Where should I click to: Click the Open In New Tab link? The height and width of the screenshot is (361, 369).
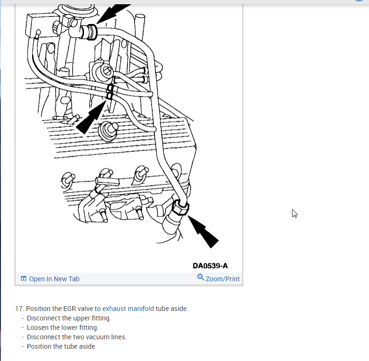[x=54, y=279]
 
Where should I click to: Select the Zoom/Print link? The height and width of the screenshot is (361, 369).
[x=222, y=279]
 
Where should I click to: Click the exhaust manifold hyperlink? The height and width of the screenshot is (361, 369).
[x=128, y=309]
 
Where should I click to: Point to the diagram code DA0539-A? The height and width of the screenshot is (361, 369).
[x=210, y=266]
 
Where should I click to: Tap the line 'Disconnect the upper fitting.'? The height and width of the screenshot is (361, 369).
[x=69, y=318]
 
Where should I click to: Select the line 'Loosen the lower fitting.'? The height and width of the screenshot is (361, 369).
[x=63, y=327]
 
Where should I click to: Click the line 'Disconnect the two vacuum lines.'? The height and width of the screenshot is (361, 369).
[x=76, y=337]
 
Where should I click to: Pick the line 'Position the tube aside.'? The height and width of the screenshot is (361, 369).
[x=61, y=346]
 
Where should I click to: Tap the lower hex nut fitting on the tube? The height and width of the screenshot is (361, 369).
[x=180, y=208]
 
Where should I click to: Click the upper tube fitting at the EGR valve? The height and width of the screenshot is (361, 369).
[x=88, y=32]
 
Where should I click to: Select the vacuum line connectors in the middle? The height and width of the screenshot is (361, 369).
[x=109, y=92]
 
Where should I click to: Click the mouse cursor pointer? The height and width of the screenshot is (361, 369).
[x=295, y=214]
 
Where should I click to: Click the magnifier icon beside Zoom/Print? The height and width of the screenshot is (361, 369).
[x=201, y=278]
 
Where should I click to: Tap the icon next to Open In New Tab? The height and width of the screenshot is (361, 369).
[x=24, y=279]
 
